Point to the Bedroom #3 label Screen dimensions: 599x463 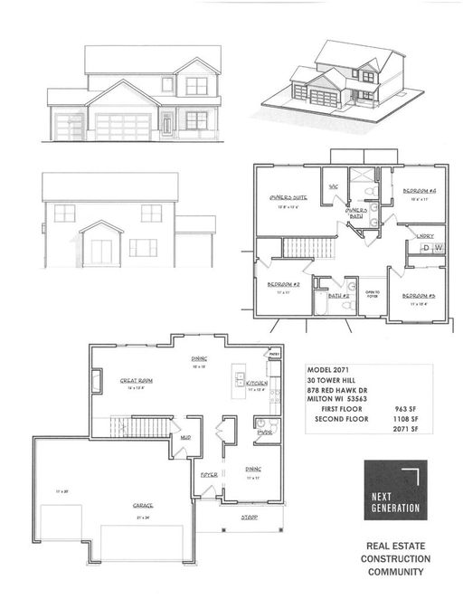tap(419, 296)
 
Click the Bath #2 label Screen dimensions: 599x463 tap(338, 295)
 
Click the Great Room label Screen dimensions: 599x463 tap(135, 382)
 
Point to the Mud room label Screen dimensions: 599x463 tap(184, 436)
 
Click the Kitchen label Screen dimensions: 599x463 tap(256, 383)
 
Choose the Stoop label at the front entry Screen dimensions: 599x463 tap(250, 518)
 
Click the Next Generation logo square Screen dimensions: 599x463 tap(395, 491)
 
